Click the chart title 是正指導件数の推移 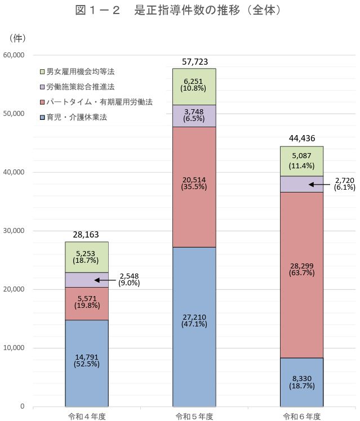(x=179, y=11)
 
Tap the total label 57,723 (x=194, y=61)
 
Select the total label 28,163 (x=86, y=234)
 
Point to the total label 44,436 (x=301, y=138)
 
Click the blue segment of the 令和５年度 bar (x=194, y=326)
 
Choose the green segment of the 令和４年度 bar (x=86, y=257)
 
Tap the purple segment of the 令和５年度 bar (x=194, y=116)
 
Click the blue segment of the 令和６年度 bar (x=301, y=382)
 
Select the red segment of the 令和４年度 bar (x=86, y=303)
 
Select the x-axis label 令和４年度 (x=86, y=416)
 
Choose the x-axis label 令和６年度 (x=301, y=416)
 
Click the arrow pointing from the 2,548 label (x=105, y=280)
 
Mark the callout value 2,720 (x=343, y=181)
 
